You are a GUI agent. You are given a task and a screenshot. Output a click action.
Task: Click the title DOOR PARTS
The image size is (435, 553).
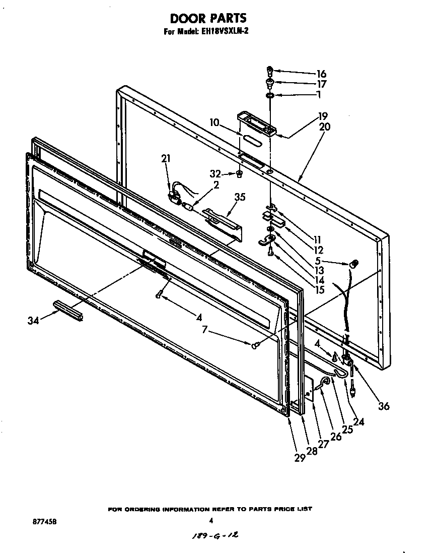click(x=208, y=19)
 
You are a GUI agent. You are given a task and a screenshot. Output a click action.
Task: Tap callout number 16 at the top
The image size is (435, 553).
click(x=321, y=74)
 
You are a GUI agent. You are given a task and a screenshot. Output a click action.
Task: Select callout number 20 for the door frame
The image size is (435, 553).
click(x=324, y=127)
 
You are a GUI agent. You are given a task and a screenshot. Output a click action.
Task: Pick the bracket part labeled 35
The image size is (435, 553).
click(x=222, y=217)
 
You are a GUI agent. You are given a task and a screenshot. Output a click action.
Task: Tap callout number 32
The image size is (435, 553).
click(x=216, y=174)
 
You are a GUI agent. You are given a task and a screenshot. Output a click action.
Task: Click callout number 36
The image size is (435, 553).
click(x=384, y=406)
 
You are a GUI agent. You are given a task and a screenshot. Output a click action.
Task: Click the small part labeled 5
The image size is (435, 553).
click(x=353, y=264)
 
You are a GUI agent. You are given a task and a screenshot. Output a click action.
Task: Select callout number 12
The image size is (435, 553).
click(x=318, y=250)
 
